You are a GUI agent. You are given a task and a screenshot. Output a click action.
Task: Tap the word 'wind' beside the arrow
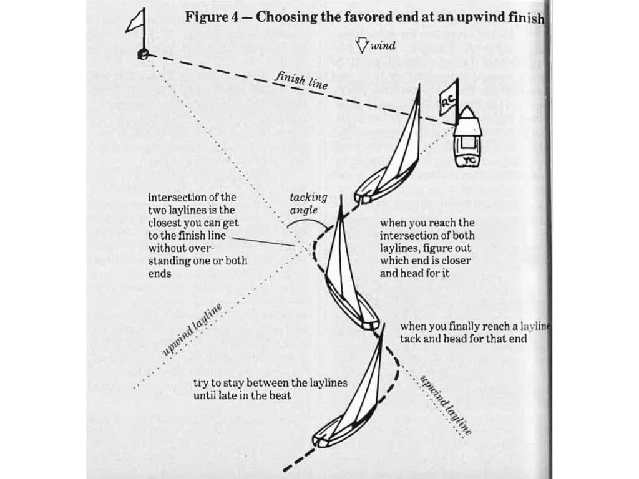coord(383,46)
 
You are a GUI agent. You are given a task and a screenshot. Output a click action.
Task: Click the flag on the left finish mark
coord(136,22)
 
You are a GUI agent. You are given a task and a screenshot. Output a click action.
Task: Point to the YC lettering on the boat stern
coord(469,161)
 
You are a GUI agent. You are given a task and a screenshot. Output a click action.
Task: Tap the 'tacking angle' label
coord(308,203)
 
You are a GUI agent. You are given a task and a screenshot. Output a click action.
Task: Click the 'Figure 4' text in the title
coord(212,17)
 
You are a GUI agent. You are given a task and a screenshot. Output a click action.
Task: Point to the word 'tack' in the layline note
coord(410,339)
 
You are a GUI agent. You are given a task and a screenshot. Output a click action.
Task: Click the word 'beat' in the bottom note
coord(280,395)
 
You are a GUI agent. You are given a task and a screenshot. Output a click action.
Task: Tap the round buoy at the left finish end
coord(143,55)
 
